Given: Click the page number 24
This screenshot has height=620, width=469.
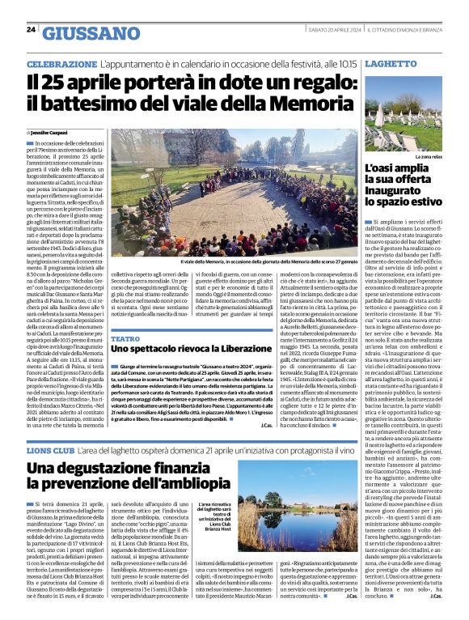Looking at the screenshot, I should click(31, 30).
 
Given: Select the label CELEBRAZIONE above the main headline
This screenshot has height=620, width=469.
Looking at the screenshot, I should click(62, 63).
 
